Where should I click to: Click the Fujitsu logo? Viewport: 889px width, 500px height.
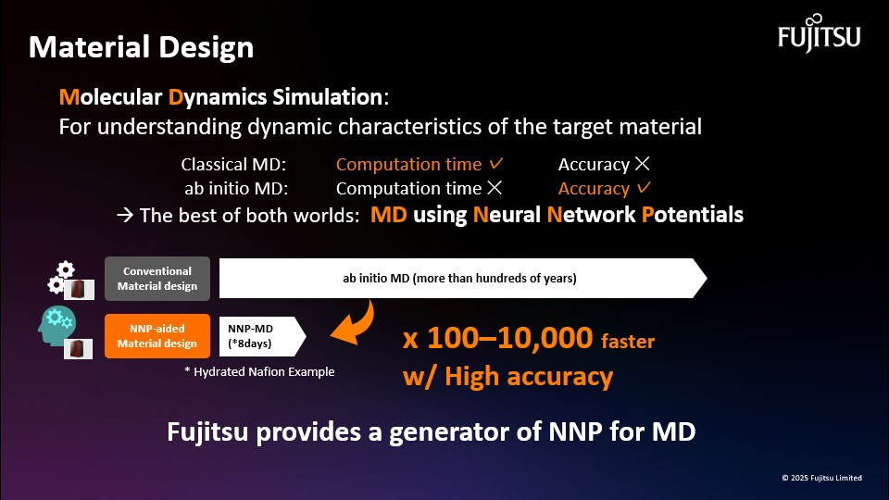point(820,33)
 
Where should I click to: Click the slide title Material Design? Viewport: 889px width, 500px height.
point(141,47)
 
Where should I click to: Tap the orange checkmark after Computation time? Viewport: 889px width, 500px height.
point(496,163)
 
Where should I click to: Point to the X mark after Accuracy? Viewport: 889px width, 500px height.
point(643,164)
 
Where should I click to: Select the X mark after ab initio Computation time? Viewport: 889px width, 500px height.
point(495,188)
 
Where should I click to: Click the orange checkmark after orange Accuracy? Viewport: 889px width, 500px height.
point(644,187)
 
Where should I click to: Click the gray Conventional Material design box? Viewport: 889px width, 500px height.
point(157,279)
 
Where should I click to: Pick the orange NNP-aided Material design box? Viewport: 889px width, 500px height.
point(157,336)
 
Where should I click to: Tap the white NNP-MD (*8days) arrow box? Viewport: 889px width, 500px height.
point(262,336)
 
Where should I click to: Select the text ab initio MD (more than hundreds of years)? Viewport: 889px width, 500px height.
point(460,279)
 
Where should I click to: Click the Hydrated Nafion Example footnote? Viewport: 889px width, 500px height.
point(259,372)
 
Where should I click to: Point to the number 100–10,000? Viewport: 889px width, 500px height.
point(509,338)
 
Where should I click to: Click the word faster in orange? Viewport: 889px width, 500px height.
point(628,342)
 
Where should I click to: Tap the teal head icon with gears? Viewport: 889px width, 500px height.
point(56,326)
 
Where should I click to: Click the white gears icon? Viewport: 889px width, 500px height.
point(61,277)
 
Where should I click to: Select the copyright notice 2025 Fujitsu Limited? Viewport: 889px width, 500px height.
point(822,478)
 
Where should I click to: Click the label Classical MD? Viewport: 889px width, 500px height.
point(233,165)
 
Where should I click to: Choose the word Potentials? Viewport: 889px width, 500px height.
point(693,215)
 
